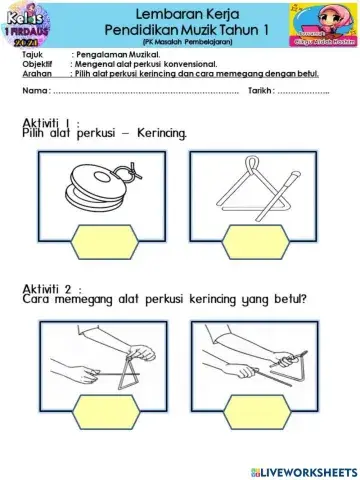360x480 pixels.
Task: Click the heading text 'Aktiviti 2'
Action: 54,288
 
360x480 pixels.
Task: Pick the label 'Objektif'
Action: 36,63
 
